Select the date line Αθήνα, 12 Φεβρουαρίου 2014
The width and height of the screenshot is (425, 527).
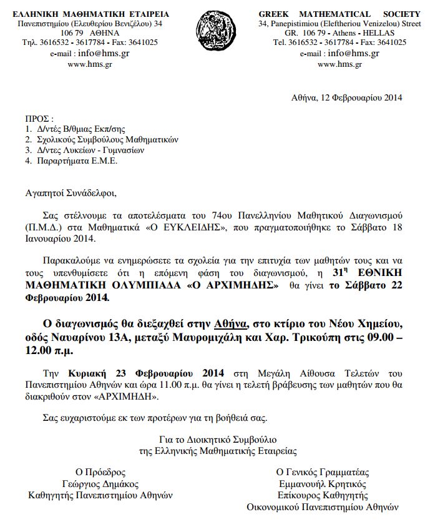click(346, 97)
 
